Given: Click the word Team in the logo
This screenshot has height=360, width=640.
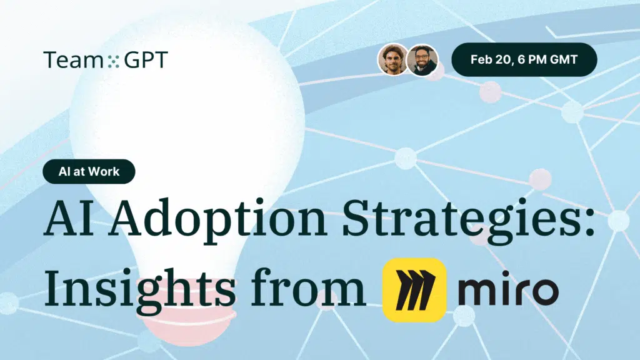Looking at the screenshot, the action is click(x=73, y=59).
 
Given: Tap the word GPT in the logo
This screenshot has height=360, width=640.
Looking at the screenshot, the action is click(x=146, y=59).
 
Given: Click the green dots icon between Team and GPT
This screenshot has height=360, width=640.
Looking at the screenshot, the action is click(x=114, y=61).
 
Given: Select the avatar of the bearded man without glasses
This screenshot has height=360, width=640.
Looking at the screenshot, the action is click(x=392, y=59).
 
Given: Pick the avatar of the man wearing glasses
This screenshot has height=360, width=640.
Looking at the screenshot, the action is click(x=422, y=59).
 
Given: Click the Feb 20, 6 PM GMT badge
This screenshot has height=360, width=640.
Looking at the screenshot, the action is click(x=524, y=59).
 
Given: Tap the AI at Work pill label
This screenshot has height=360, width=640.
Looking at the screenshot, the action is click(x=89, y=171).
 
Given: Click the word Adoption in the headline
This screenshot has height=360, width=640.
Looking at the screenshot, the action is click(x=217, y=219).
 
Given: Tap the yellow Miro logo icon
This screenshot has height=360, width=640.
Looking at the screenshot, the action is click(x=414, y=290).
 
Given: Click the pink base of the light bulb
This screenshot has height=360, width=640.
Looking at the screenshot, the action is click(x=187, y=314).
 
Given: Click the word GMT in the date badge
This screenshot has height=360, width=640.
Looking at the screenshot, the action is click(x=564, y=59).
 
